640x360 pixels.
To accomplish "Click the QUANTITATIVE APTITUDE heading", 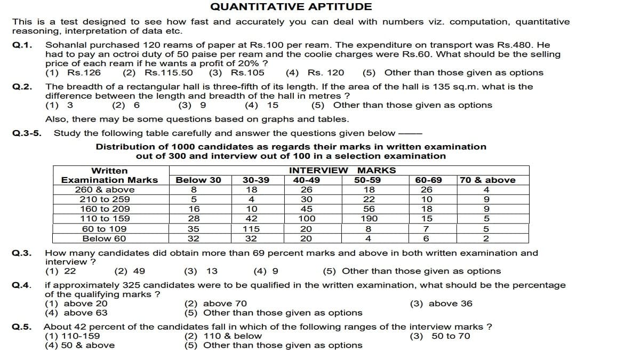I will pyautogui.click(x=291, y=7).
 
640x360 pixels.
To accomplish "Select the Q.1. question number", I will pyautogui.click(x=22, y=45).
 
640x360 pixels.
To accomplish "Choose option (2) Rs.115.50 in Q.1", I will pyautogui.click(x=158, y=73).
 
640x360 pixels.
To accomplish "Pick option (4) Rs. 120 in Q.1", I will pyautogui.click(x=315, y=73).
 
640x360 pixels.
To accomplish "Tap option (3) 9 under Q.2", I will pyautogui.click(x=193, y=105).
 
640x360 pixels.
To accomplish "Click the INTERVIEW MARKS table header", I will pyautogui.click(x=342, y=171).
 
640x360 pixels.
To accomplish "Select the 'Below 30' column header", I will pyautogui.click(x=198, y=180).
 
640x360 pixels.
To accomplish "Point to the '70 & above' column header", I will pyautogui.click(x=487, y=180).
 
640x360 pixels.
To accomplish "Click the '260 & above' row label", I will pyautogui.click(x=105, y=190).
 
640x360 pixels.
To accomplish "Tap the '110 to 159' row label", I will pyautogui.click(x=105, y=219).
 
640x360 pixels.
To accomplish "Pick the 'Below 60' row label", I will pyautogui.click(x=105, y=238).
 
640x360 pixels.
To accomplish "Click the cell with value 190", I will pyautogui.click(x=369, y=219).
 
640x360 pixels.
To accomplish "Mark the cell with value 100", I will pyautogui.click(x=307, y=219).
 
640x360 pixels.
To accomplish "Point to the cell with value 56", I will pyautogui.click(x=369, y=209).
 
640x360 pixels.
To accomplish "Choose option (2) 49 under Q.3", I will pyautogui.click(x=130, y=271).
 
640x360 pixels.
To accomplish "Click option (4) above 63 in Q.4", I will pyautogui.click(x=76, y=313).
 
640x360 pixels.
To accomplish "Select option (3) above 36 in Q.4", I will pyautogui.click(x=441, y=303).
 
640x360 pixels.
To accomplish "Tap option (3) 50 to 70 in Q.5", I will pyautogui.click(x=440, y=336).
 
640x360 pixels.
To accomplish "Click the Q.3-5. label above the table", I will pyautogui.click(x=27, y=133).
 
